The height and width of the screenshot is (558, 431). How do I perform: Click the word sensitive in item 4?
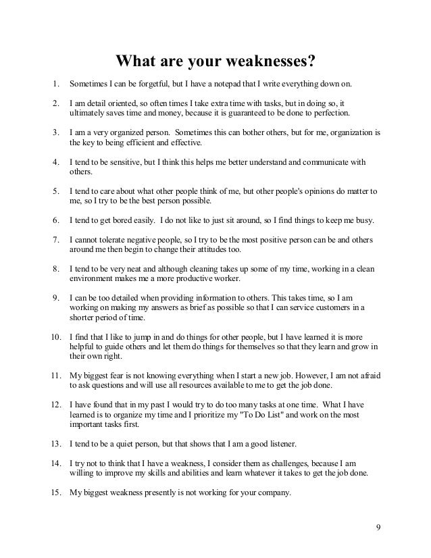tap(137, 162)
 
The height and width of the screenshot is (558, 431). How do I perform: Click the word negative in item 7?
tap(147, 240)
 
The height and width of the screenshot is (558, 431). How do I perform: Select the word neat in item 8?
tap(146, 269)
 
